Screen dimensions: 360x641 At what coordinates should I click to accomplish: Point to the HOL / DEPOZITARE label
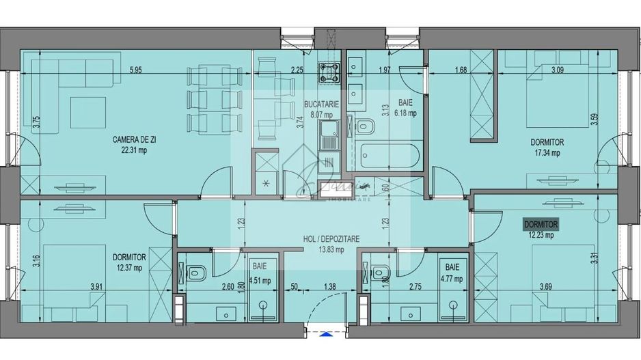(x=331, y=239)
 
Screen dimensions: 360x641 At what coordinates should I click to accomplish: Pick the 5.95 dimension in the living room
(x=135, y=70)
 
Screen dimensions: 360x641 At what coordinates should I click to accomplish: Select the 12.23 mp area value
(x=540, y=236)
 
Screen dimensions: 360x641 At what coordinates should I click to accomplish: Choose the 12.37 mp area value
(x=129, y=268)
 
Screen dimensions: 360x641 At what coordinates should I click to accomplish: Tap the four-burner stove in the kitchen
(x=331, y=72)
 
